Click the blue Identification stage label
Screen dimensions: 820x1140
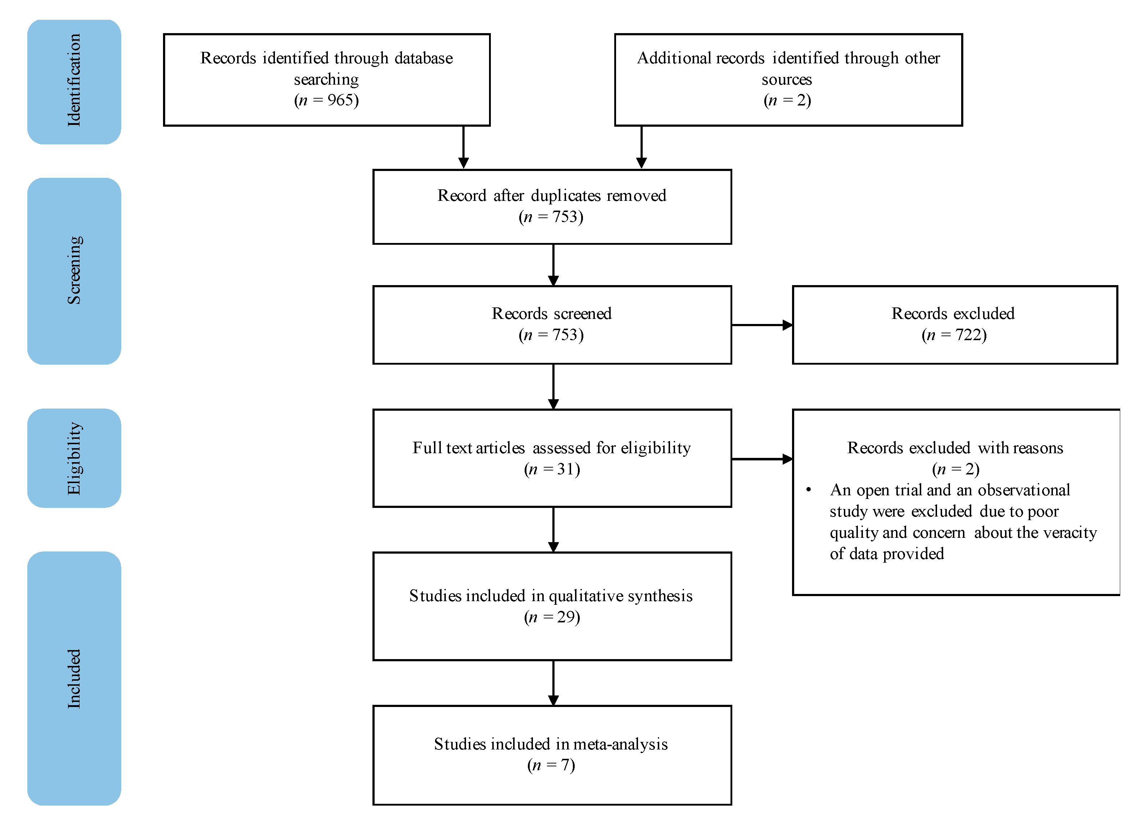[74, 81]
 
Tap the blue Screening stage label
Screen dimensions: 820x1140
[74, 270]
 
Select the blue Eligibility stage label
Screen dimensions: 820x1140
[74, 458]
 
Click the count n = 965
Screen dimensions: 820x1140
[326, 100]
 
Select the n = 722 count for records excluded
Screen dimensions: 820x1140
[954, 335]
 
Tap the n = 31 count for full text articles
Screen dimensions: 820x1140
[552, 469]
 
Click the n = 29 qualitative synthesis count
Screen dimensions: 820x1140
[552, 617]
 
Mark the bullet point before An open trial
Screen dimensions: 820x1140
[809, 490]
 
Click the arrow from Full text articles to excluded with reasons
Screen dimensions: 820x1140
[761, 459]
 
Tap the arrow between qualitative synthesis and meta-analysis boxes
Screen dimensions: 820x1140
[553, 683]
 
